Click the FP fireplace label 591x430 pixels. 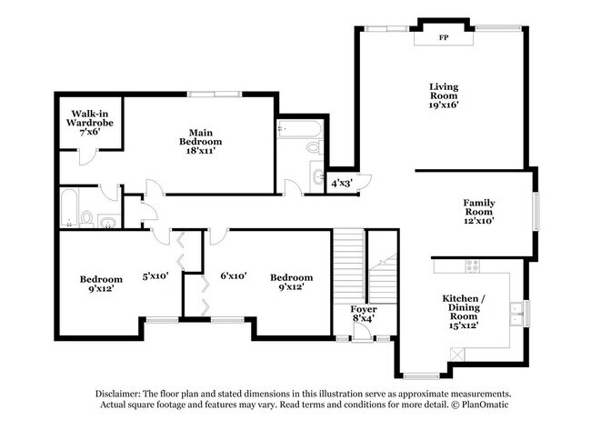(x=444, y=37)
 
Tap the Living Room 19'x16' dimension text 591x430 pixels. (x=444, y=105)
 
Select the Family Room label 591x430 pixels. (x=479, y=207)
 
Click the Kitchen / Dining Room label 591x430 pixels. (x=464, y=307)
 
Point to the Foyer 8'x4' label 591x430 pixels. (x=364, y=314)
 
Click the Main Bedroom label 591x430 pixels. (x=201, y=137)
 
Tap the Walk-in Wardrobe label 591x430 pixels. (x=90, y=118)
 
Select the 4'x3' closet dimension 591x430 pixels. (x=342, y=184)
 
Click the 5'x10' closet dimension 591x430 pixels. (x=155, y=276)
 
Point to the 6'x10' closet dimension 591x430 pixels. (x=234, y=275)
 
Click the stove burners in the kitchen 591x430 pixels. (x=473, y=266)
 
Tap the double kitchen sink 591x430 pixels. (x=516, y=314)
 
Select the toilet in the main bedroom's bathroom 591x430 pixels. (x=316, y=147)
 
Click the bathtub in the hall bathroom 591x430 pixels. (x=69, y=207)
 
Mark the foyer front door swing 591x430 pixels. (x=362, y=333)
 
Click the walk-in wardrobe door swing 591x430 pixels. (x=88, y=157)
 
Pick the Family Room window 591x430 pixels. (x=536, y=211)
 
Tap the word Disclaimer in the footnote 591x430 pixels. (x=117, y=394)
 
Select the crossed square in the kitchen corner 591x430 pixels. (x=457, y=354)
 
